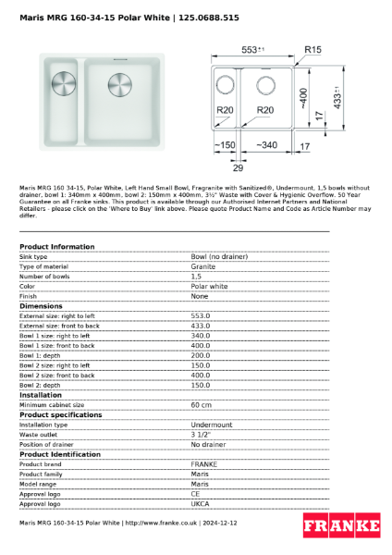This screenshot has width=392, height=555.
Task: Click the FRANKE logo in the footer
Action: (341, 525)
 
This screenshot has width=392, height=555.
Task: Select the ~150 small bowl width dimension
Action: (224, 145)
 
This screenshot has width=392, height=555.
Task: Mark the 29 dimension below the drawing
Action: (237, 167)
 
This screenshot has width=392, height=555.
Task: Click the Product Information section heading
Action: (56, 247)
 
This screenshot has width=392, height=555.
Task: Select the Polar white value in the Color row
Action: (209, 286)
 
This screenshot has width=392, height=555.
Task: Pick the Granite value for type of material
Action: (202, 266)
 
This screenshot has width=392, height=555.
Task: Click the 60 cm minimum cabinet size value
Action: (201, 404)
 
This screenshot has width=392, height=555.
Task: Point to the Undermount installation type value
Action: (212, 425)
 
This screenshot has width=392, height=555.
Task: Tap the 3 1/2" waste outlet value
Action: (201, 434)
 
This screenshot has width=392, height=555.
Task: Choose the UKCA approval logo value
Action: (201, 503)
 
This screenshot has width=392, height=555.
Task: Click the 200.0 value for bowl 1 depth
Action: (201, 355)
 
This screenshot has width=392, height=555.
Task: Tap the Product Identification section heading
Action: (60, 454)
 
